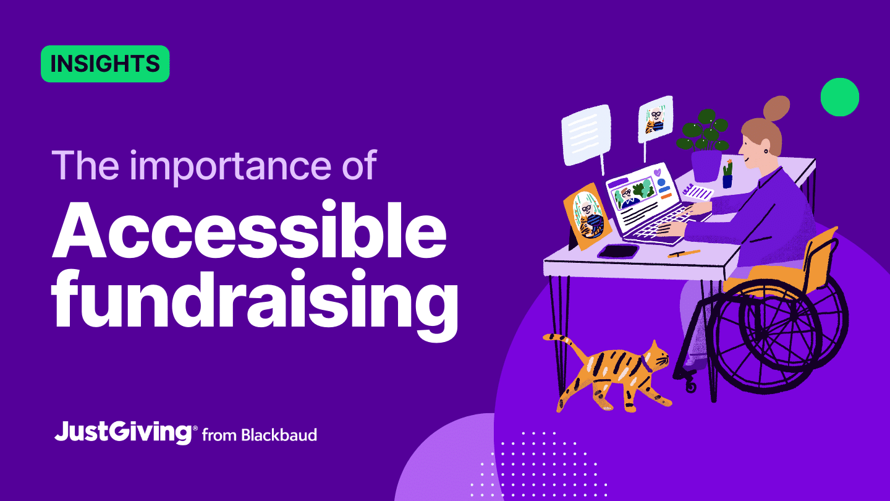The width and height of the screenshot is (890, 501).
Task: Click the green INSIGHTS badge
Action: [x=105, y=64]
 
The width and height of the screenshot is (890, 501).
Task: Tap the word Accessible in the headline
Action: [x=250, y=231]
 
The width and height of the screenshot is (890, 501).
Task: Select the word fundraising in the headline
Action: [x=255, y=302]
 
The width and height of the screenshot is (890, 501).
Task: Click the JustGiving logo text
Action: [x=123, y=432]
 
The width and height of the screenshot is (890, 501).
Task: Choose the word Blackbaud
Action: [x=279, y=435]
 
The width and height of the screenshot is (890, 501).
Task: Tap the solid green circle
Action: [x=840, y=97]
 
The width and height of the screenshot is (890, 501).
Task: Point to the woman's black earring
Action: [x=765, y=152]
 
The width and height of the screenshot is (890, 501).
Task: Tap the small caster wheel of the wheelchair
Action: [x=691, y=386]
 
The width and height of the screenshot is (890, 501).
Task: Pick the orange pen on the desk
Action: [x=684, y=254]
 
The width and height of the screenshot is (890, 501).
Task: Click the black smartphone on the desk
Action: [x=618, y=252]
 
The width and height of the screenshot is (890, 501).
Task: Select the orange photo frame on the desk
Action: [x=587, y=216]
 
